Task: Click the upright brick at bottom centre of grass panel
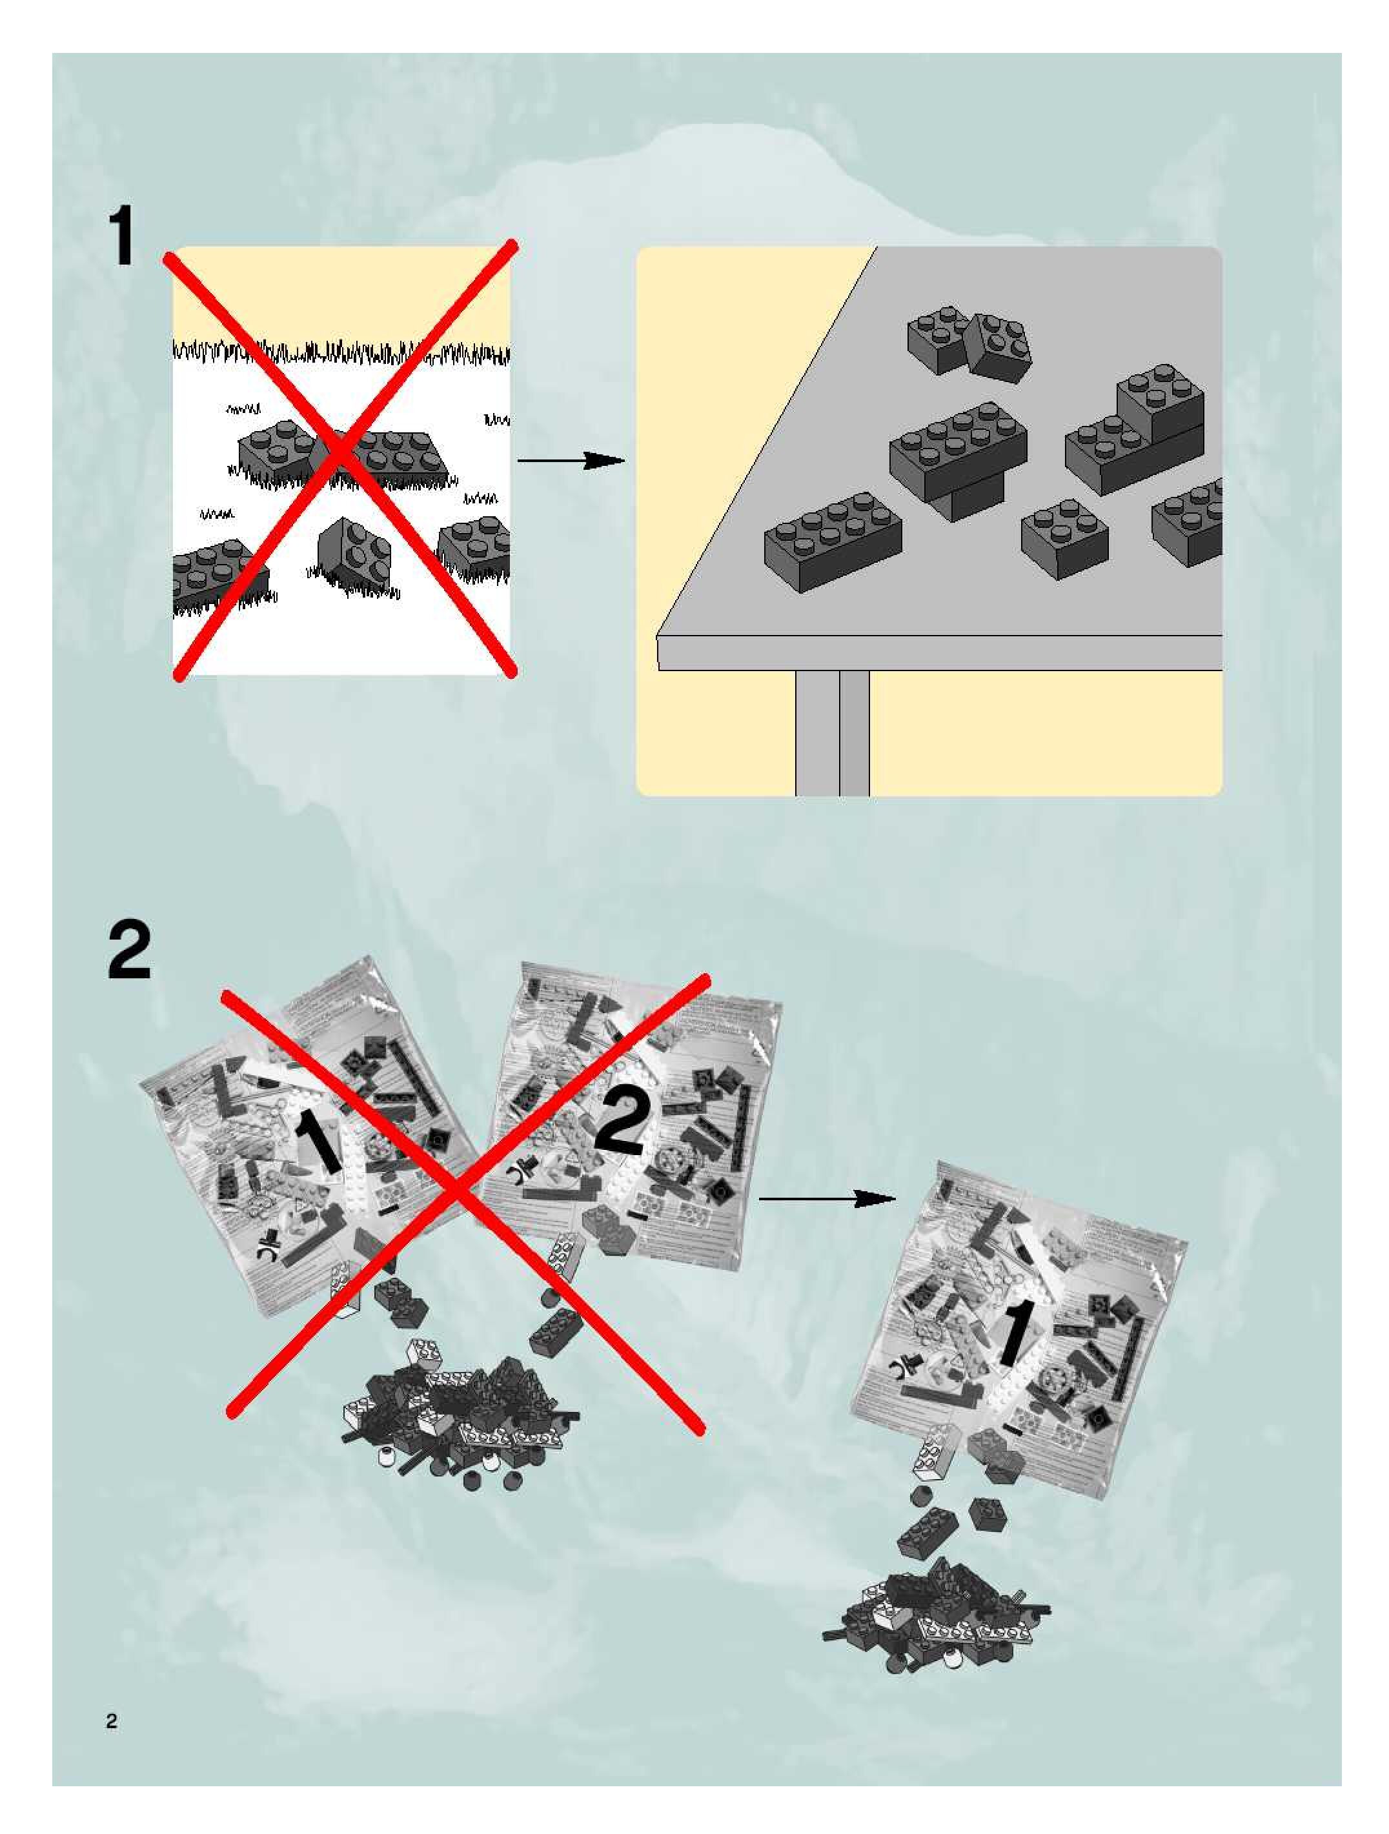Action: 354,553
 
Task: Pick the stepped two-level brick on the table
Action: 1135,431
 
